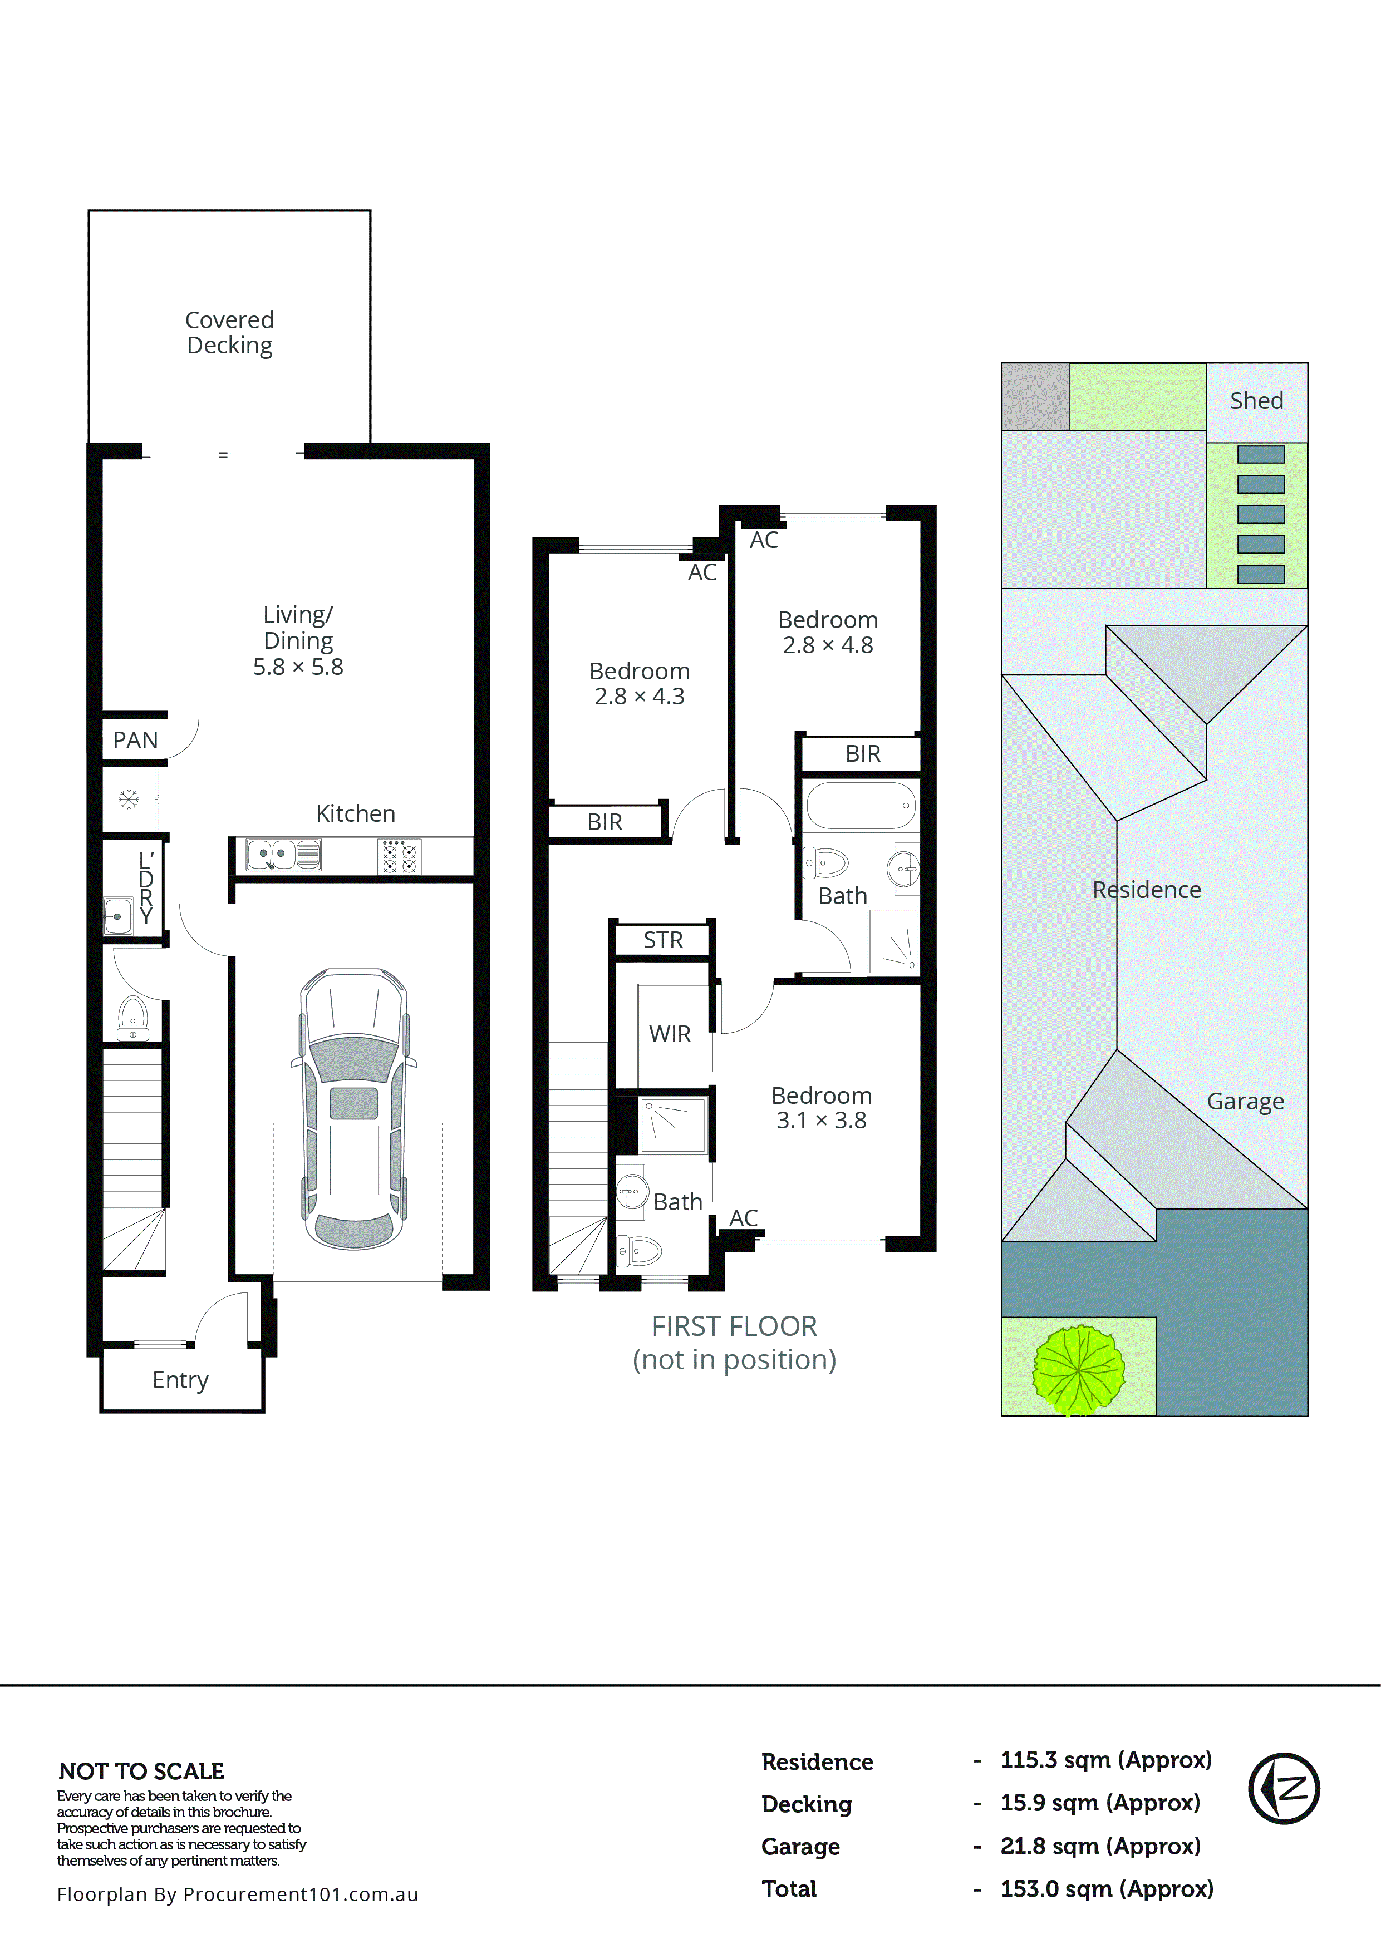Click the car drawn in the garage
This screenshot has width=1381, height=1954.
click(x=353, y=1108)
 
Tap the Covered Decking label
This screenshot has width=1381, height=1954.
click(x=229, y=333)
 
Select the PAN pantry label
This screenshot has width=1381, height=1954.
click(x=135, y=741)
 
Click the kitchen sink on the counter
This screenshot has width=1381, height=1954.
click(x=283, y=855)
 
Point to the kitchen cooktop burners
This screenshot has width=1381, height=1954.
click(x=399, y=856)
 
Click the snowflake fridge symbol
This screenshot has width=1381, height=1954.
click(x=129, y=799)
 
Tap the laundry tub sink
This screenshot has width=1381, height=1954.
click(x=117, y=916)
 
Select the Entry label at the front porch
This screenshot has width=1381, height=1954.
click(x=180, y=1380)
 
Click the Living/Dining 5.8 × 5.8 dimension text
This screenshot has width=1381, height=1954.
click(x=298, y=667)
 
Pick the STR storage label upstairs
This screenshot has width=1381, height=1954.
click(x=662, y=940)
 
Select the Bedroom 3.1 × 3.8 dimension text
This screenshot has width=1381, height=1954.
click(x=821, y=1121)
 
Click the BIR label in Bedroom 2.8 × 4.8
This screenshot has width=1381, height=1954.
click(x=862, y=754)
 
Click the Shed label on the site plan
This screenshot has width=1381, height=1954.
click(x=1256, y=401)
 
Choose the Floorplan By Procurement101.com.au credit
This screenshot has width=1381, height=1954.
click(x=238, y=1894)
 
